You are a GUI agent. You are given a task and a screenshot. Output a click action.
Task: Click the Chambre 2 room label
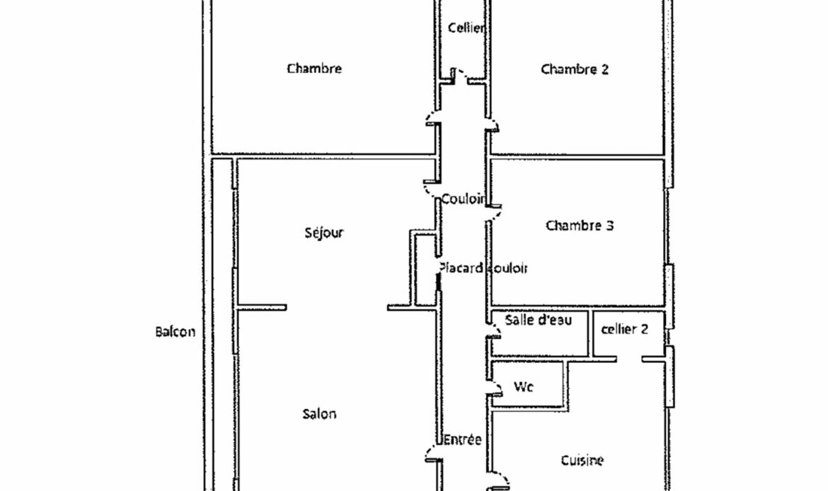pyautogui.click(x=575, y=69)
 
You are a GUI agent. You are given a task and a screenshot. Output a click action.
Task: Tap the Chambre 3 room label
pyautogui.click(x=580, y=226)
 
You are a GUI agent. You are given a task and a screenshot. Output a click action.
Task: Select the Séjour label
pyautogui.click(x=324, y=233)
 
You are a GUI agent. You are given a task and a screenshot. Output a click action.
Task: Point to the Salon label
pyautogui.click(x=319, y=413)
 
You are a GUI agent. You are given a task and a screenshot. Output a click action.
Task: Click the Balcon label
pyautogui.click(x=176, y=332)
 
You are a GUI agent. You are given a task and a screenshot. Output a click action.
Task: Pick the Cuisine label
pyautogui.click(x=582, y=461)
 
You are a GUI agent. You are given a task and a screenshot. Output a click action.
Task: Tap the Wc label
pyautogui.click(x=523, y=387)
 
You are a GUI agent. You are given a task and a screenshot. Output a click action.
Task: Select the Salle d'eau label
pyautogui.click(x=538, y=320)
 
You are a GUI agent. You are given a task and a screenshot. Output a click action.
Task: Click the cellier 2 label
pyautogui.click(x=625, y=329)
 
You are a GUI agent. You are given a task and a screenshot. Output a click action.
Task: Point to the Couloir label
pyautogui.click(x=463, y=199)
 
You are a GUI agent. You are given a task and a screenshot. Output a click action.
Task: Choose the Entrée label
pyautogui.click(x=463, y=439)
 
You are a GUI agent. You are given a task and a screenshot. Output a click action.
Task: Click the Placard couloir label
pyautogui.click(x=483, y=268)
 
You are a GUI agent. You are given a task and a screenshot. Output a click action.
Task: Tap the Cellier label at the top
pyautogui.click(x=466, y=28)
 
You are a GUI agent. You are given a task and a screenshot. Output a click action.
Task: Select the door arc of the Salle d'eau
pyautogui.click(x=496, y=330)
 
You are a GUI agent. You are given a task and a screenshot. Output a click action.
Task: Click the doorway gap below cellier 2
pyautogui.click(x=629, y=359)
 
